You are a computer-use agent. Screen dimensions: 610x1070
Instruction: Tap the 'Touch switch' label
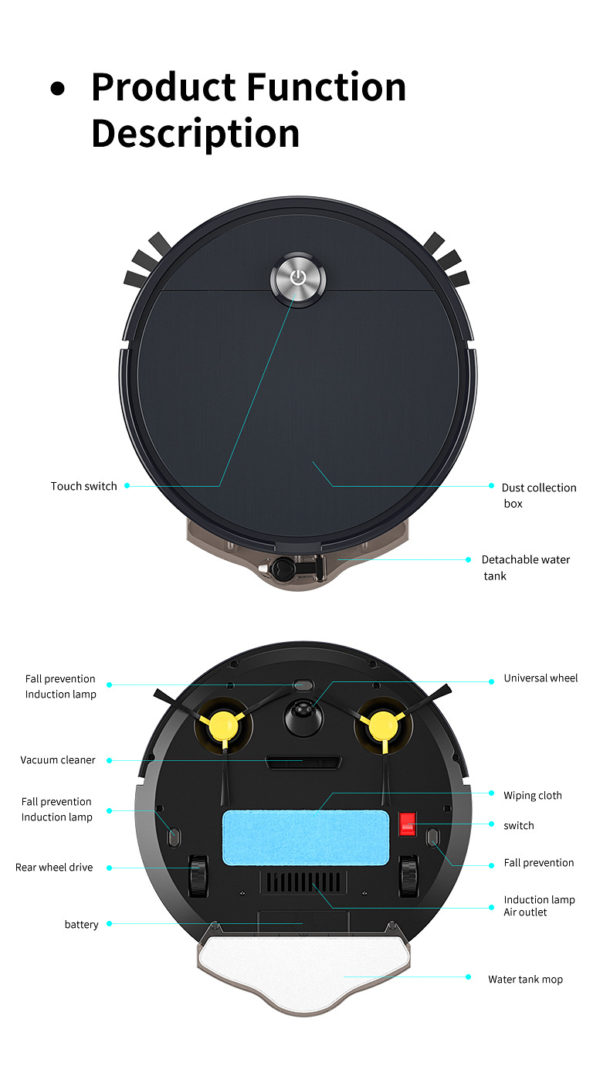coord(84,486)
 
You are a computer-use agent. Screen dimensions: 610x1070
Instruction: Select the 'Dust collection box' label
coord(539,495)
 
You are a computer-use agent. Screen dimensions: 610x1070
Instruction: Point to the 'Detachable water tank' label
coord(526,568)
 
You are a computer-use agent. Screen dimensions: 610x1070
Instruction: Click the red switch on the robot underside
coord(407,824)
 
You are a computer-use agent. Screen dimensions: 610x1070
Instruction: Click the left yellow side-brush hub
coord(223,726)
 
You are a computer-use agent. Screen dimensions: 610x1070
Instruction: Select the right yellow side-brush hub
coord(383,726)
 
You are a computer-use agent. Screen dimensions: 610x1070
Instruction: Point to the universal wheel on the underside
coord(303,716)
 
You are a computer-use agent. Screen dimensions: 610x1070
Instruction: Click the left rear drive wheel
coord(198,875)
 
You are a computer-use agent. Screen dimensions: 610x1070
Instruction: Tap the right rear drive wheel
coord(409,875)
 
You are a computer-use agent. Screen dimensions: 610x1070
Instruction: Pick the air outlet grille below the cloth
coord(303,882)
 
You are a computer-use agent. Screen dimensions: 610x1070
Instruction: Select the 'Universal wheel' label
coord(541,678)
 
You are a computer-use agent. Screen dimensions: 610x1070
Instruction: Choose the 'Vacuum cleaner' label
coord(58,760)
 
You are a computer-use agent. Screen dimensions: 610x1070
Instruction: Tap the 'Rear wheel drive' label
coord(54,868)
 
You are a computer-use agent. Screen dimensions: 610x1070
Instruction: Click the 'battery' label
coord(82,924)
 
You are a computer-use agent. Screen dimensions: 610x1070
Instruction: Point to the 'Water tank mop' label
coord(526,980)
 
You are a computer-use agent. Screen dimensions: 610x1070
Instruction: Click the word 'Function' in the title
coord(327,87)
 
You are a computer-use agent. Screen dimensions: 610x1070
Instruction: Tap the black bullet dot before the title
coord(58,89)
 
